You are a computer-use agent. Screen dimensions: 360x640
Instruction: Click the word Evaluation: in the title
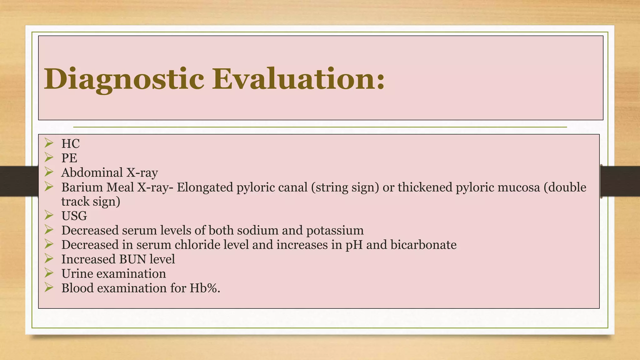pyautogui.click(x=298, y=79)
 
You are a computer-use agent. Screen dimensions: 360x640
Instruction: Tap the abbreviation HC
pyautogui.click(x=71, y=144)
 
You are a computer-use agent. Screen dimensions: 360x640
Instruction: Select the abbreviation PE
pyautogui.click(x=69, y=158)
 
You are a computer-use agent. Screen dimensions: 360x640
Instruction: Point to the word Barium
pyautogui.click(x=82, y=187)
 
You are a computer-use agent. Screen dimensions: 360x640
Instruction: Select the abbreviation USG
pyautogui.click(x=74, y=216)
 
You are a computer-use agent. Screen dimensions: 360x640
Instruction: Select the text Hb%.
pyautogui.click(x=205, y=288)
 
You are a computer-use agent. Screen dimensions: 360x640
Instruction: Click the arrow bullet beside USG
pyautogui.click(x=49, y=215)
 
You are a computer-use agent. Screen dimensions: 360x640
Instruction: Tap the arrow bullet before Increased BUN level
pyautogui.click(x=49, y=258)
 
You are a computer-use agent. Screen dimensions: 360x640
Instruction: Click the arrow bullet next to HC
pyautogui.click(x=49, y=143)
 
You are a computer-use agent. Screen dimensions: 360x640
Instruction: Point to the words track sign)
pyautogui.click(x=91, y=202)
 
